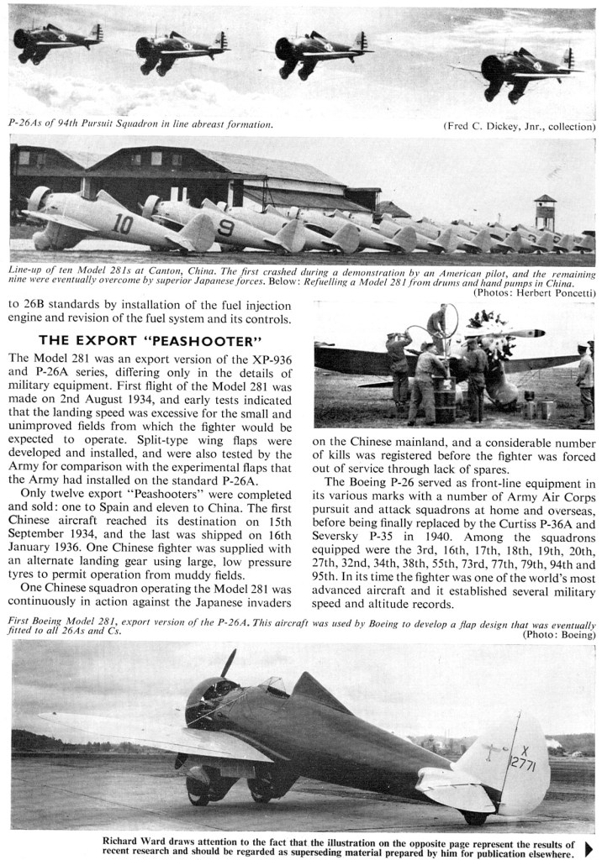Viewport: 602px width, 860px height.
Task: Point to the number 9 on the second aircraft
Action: (x=224, y=228)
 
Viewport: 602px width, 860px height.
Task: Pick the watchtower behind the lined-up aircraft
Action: (x=545, y=212)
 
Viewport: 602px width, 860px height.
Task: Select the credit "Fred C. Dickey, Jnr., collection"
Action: (x=519, y=126)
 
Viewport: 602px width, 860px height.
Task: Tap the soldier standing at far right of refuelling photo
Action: (x=584, y=382)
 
